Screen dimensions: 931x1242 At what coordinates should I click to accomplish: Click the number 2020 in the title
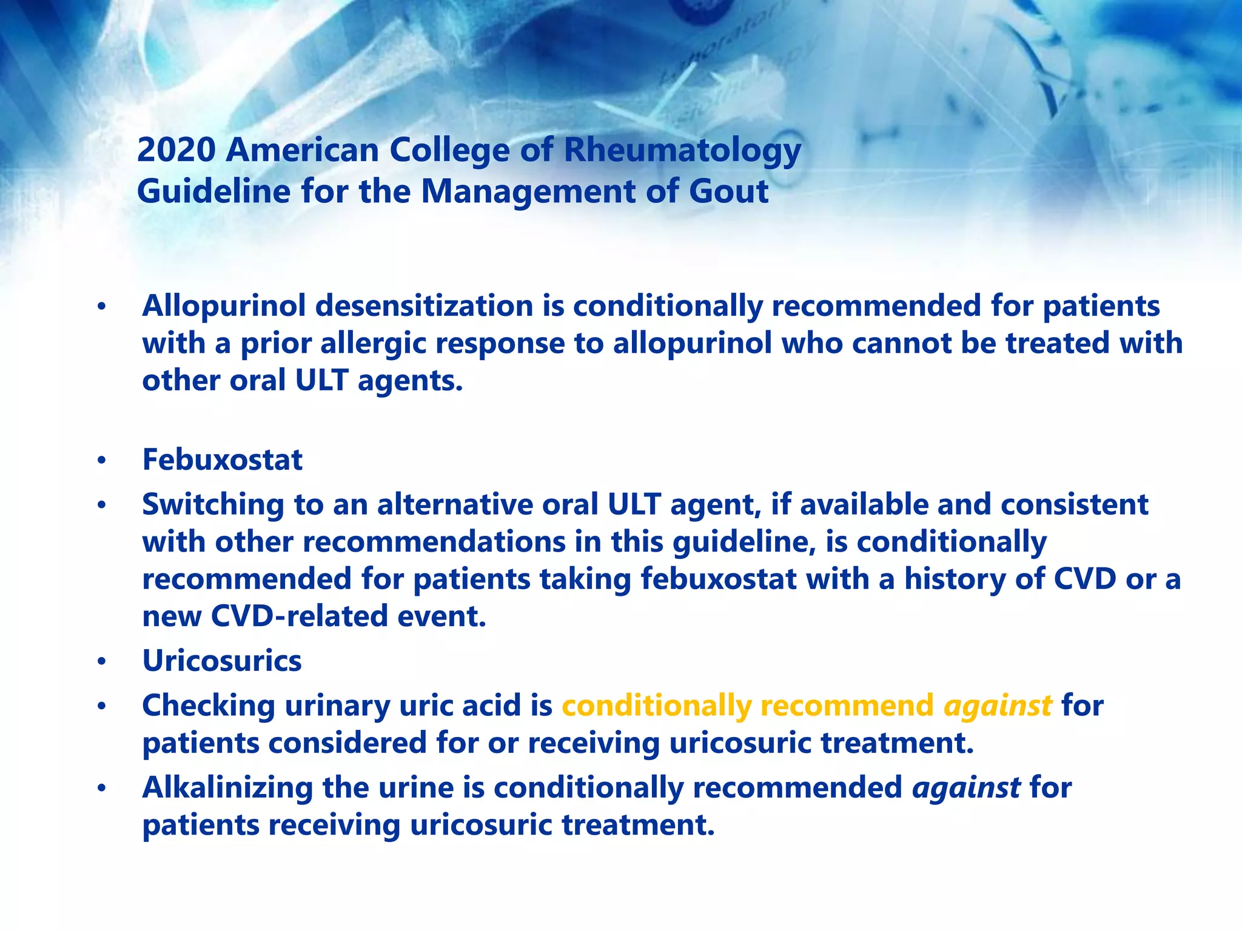point(176,150)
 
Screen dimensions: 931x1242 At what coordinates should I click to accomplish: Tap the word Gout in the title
point(728,192)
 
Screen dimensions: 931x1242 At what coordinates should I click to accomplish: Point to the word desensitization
point(424,306)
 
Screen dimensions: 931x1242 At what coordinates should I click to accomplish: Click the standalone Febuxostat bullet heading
point(222,460)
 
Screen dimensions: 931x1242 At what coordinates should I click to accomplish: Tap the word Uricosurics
point(222,661)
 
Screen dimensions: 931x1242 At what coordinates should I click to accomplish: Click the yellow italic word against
point(998,706)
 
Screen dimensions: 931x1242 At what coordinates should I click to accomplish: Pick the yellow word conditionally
point(656,706)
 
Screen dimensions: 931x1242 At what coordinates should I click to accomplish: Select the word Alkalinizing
point(227,788)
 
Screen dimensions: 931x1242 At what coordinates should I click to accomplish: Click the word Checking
point(208,706)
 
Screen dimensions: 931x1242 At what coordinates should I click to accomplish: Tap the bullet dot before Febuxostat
point(102,461)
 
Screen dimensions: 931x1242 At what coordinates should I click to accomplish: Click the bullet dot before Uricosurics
point(102,662)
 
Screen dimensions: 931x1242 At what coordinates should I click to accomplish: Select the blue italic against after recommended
point(966,788)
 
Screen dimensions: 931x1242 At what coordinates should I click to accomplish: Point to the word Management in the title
point(528,192)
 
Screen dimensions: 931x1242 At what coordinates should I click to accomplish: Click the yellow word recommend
point(847,706)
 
